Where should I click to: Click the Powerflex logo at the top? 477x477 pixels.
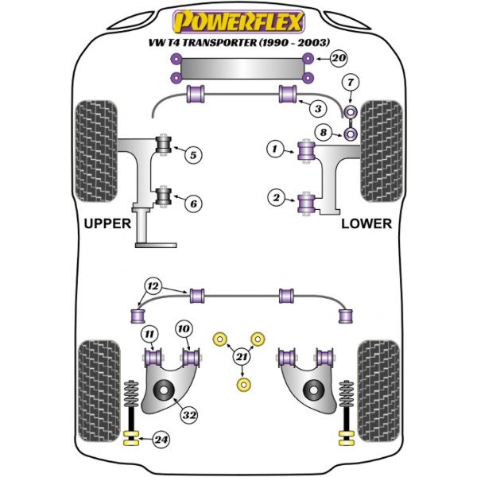(238, 19)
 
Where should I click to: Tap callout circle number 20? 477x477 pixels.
(339, 58)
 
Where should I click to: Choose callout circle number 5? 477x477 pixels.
(192, 156)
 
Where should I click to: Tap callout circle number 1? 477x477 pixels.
(275, 148)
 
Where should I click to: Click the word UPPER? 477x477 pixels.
(107, 223)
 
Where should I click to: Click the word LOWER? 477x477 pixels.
(366, 223)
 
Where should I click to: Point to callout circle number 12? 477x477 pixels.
(151, 285)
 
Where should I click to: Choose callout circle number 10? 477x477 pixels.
(184, 328)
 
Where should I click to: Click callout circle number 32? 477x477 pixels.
(188, 413)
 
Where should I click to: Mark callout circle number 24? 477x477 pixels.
(162, 437)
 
